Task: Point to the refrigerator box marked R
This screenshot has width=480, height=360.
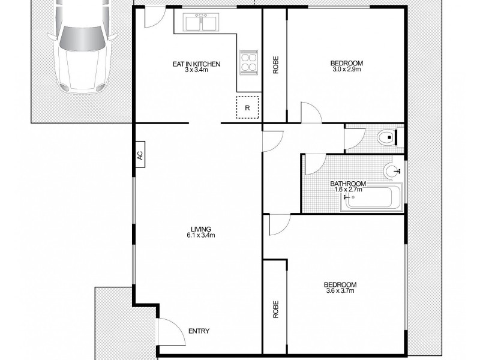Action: tap(247, 108)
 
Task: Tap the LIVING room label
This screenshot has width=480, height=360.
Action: tap(201, 229)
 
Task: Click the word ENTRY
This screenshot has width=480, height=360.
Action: tap(199, 331)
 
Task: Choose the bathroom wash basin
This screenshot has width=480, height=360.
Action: tap(393, 172)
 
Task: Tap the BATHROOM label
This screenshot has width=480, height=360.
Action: tap(348, 184)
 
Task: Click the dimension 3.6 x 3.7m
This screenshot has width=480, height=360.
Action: tap(340, 291)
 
